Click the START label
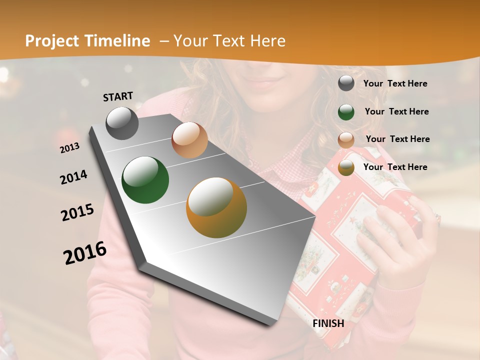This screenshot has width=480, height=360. tap(118, 96)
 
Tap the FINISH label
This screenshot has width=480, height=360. tap(328, 323)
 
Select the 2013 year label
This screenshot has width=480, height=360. tap(69, 147)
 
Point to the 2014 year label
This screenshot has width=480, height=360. tap(73, 177)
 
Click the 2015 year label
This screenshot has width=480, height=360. tap(77, 212)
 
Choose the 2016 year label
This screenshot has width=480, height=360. tap(85, 252)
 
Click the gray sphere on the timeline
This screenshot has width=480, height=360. tap(122, 123)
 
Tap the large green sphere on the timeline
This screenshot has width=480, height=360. tap(145, 180)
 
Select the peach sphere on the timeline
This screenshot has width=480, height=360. tap(189, 140)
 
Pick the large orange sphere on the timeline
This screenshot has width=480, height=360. tap(216, 207)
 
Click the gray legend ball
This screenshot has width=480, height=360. tap(346, 83)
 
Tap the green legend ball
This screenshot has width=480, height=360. tap(346, 111)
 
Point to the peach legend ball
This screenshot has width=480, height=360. tap(346, 139)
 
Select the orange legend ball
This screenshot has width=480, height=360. tap(346, 167)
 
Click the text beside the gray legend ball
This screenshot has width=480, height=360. tap(395, 83)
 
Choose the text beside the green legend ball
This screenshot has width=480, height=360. tap(396, 111)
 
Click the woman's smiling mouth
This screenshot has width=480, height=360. tap(270, 80)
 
